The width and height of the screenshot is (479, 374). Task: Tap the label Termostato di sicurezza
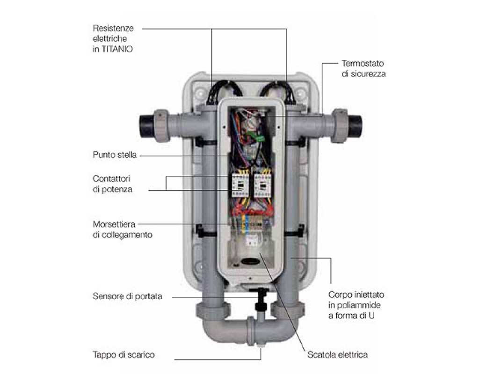tap(363, 69)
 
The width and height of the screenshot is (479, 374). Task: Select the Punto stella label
tap(115, 155)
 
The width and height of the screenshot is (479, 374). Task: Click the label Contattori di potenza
tap(112, 184)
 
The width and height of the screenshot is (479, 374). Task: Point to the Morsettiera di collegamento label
tap(123, 230)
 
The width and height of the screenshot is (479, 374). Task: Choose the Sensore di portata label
tap(127, 296)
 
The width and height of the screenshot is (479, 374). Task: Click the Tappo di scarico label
tap(123, 355)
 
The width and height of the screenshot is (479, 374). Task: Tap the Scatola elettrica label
tap(338, 355)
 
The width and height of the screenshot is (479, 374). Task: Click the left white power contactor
tap(240, 185)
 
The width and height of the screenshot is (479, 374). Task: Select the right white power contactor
tap(263, 185)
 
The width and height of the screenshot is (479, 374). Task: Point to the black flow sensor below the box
tap(261, 299)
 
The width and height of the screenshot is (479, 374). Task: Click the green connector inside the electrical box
tap(256, 137)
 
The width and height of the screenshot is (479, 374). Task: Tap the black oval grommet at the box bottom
tap(250, 262)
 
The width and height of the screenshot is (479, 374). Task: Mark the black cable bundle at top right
tap(277, 91)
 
